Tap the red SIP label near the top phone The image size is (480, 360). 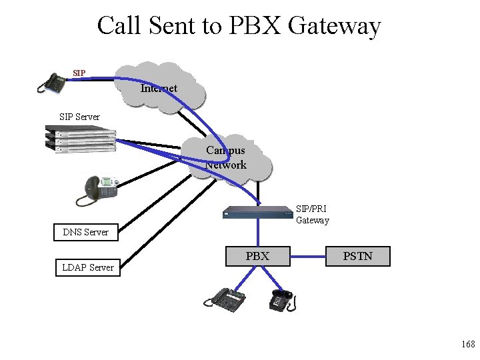tap(79, 73)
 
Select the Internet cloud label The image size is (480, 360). tap(159, 88)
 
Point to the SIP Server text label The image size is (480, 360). tap(79, 117)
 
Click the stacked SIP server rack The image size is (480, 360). tap(79, 140)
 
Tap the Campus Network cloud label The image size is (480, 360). tap(226, 158)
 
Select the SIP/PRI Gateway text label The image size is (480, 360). tap(312, 214)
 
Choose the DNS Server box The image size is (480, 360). tap(85, 232)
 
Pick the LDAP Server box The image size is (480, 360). tap(87, 267)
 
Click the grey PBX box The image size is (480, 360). tap(257, 256)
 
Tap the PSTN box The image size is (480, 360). tap(357, 256)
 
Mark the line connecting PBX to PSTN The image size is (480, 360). tap(307, 256)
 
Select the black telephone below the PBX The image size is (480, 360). tap(281, 300)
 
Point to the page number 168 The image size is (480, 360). tap(467, 344)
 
